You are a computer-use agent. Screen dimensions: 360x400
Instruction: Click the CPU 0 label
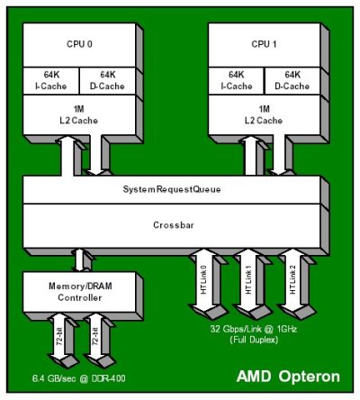coord(79,44)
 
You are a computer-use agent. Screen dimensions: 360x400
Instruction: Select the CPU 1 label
coord(264,44)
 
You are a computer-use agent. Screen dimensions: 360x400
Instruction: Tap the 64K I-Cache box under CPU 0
coord(51,80)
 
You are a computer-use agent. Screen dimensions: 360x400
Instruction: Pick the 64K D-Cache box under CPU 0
coord(107,80)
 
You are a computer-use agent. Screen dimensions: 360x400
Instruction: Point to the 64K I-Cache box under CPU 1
coord(237,80)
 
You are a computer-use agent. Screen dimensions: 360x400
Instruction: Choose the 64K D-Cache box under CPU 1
coord(292,80)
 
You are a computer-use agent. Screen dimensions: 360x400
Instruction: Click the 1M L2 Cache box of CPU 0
coord(79,114)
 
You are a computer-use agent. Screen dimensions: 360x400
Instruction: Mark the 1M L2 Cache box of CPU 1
coord(265,114)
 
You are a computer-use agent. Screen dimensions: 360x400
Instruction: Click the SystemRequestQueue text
coord(172,189)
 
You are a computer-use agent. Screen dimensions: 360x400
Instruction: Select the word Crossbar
coord(174,225)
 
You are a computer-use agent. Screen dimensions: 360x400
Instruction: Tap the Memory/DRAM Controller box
coord(79,292)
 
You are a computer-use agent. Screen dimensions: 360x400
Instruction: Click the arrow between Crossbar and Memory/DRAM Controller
coord(79,260)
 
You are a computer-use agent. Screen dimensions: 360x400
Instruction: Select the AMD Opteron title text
coord(288,377)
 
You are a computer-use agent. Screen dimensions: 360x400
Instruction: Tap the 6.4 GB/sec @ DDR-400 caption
coord(78,378)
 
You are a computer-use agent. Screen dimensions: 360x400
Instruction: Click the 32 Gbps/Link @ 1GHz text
coord(254,329)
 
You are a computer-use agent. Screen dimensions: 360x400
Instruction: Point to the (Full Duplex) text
coord(254,340)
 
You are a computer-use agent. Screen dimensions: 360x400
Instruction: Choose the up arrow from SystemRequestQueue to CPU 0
coord(67,156)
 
